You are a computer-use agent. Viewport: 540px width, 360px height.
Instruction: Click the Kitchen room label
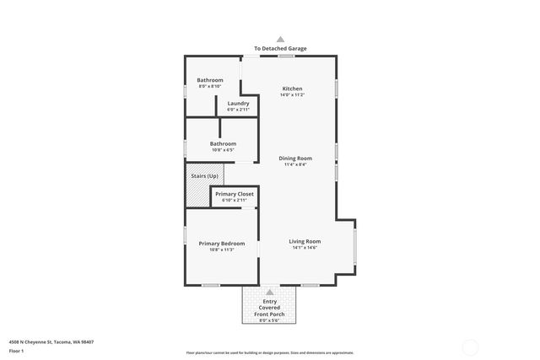click(292, 89)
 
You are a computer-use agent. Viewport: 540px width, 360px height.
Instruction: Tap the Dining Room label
click(295, 159)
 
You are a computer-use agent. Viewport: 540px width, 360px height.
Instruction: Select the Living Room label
click(305, 241)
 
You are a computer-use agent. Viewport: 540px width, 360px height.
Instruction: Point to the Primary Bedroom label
click(222, 243)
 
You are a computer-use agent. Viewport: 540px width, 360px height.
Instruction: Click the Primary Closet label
click(234, 194)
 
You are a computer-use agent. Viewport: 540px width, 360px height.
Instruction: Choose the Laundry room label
click(238, 103)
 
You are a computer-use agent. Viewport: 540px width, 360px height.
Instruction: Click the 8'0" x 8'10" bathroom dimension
click(210, 86)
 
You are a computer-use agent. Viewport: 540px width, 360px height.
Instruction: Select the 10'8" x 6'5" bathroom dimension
click(223, 150)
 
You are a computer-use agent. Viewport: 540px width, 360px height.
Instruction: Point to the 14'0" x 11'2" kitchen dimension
click(292, 95)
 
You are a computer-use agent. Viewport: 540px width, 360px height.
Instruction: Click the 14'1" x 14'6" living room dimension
click(305, 248)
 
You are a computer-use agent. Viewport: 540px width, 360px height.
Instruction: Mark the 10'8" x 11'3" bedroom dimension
click(222, 250)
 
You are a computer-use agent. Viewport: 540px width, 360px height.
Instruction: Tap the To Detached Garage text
click(281, 49)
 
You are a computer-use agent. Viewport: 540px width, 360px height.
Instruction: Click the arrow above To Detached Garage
click(281, 39)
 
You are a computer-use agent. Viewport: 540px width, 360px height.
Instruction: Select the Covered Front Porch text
click(270, 311)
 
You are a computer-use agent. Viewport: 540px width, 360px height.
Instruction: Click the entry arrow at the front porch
click(270, 292)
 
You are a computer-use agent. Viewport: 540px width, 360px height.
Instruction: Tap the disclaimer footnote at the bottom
click(270, 352)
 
